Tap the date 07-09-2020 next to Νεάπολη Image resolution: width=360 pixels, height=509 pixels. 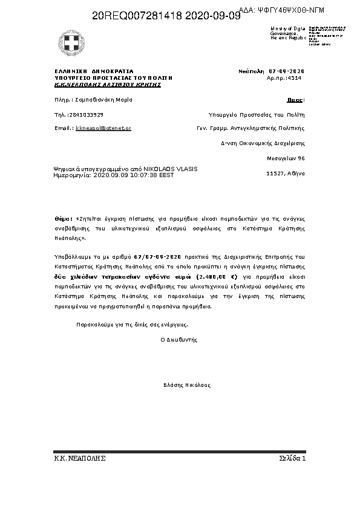(x=287, y=71)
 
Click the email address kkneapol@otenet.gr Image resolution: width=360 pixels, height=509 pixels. (x=103, y=128)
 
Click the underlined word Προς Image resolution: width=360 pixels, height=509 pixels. (x=295, y=100)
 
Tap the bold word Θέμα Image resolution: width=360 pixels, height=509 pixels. (x=62, y=218)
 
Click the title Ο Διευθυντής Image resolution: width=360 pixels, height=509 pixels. (x=178, y=340)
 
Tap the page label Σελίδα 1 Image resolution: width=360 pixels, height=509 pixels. (x=293, y=459)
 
